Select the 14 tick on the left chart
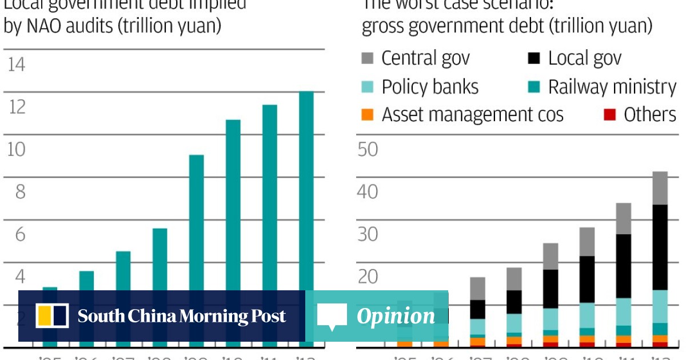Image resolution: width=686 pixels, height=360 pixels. click(x=16, y=65)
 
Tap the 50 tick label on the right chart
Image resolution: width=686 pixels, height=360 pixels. click(x=368, y=149)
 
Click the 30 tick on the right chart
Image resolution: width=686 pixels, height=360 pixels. click(x=368, y=234)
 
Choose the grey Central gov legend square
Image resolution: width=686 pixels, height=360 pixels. click(x=368, y=58)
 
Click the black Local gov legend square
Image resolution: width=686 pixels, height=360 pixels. click(x=534, y=58)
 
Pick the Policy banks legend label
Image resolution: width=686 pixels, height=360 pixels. click(x=430, y=87)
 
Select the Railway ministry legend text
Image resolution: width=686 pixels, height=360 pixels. click(x=612, y=87)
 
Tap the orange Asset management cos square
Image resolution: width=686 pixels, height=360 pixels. click(x=368, y=115)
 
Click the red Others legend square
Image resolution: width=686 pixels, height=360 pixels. click(x=609, y=115)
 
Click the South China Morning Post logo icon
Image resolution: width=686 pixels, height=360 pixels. click(x=52, y=316)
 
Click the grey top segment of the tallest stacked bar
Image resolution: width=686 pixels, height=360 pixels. click(x=660, y=188)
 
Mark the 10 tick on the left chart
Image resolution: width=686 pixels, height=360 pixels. click(x=17, y=149)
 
